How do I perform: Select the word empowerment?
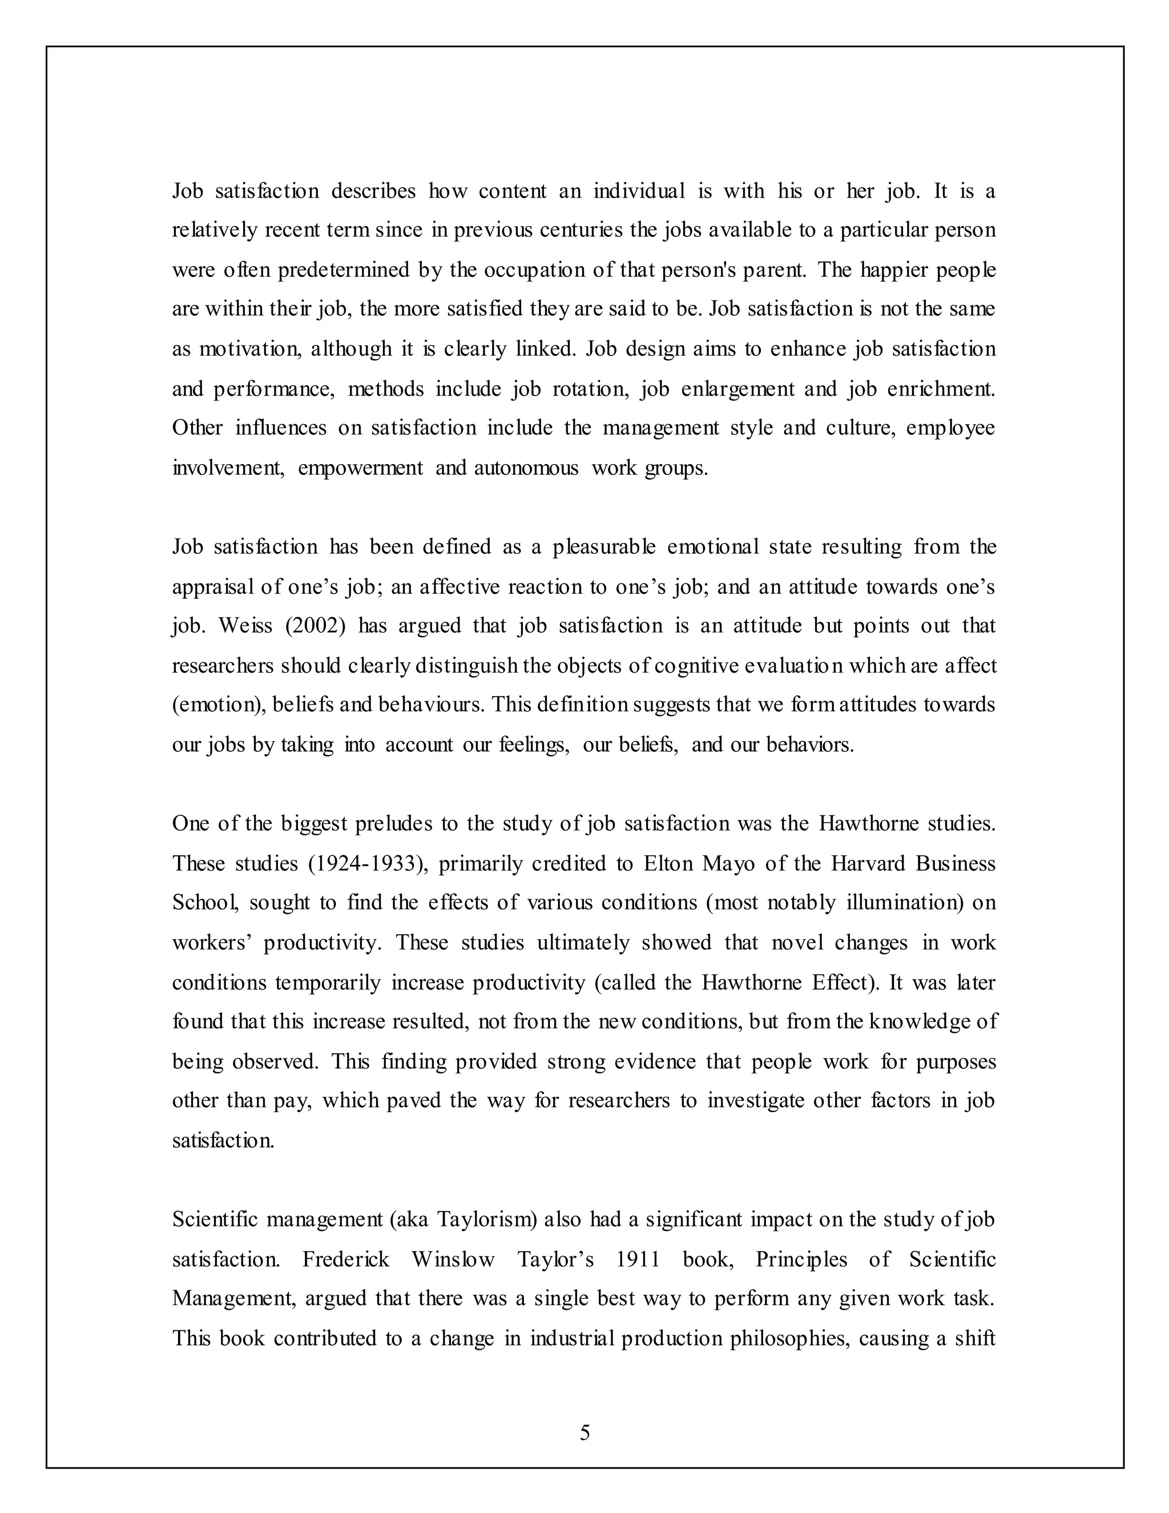point(360,468)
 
